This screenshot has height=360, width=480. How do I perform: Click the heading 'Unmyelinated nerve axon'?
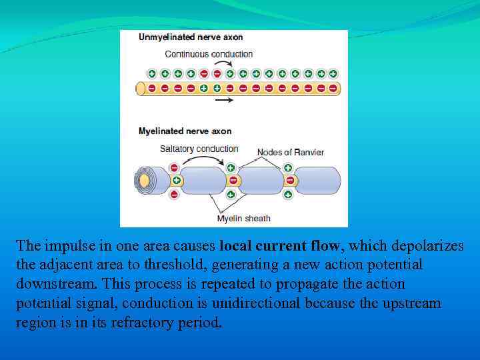point(191,37)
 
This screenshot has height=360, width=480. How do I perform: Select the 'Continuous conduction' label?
point(209,54)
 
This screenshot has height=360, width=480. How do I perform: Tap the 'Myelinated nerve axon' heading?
point(185,131)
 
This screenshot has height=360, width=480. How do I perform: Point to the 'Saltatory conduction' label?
point(199,149)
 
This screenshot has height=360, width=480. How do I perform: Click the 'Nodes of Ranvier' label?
point(290,153)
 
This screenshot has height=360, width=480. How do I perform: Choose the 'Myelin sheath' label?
point(243,218)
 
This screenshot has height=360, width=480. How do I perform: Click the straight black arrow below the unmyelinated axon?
point(224,100)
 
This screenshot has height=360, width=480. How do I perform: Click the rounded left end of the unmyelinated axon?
point(141,88)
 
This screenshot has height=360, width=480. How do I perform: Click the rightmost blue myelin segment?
point(319,181)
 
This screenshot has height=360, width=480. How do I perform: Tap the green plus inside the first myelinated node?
point(177,181)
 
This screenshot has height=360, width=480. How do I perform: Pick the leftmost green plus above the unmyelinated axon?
point(152,73)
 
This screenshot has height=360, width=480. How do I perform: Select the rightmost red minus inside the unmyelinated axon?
point(333,88)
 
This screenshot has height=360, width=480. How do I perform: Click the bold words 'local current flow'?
point(281,246)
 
